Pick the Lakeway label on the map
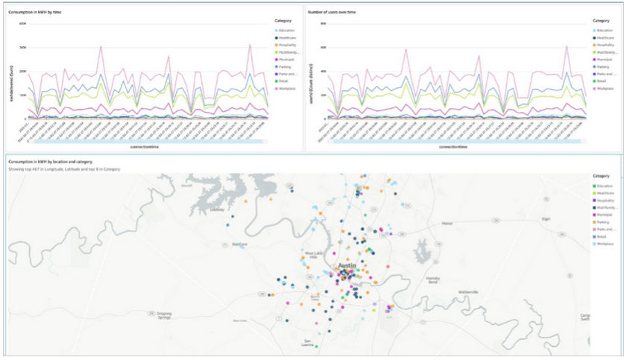pos(218,209)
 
